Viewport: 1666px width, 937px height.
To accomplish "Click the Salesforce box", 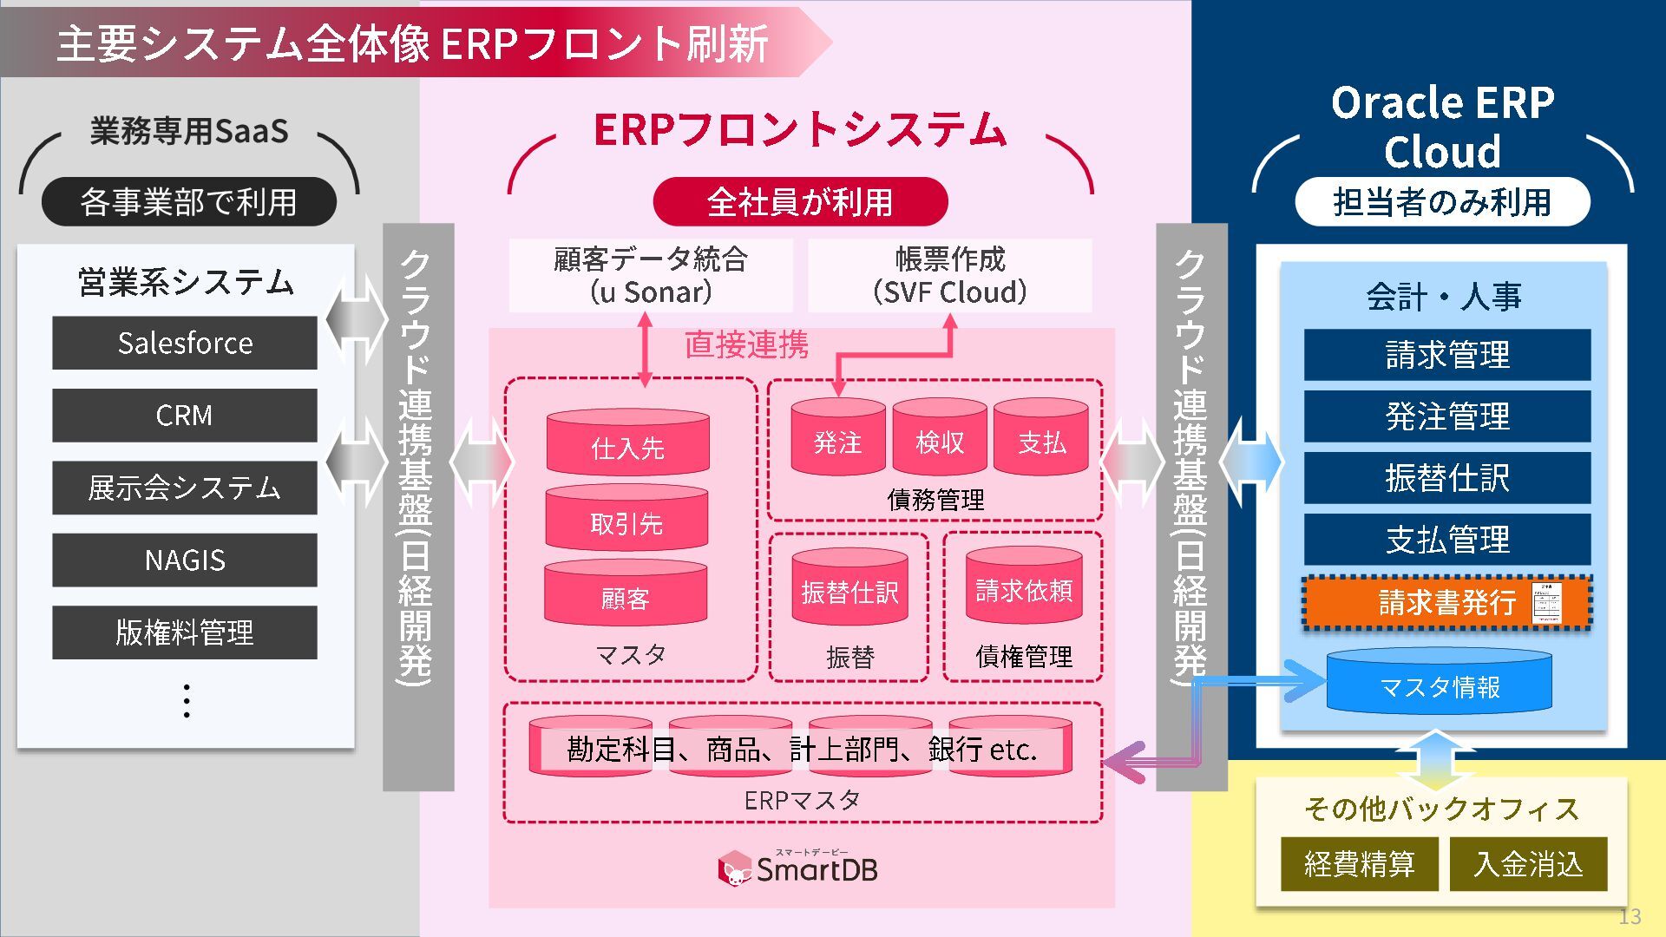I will click(x=184, y=343).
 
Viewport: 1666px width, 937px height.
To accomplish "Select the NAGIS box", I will click(x=184, y=560).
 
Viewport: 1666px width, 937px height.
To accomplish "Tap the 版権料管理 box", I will click(x=184, y=632).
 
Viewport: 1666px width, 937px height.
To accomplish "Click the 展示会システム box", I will click(x=184, y=488).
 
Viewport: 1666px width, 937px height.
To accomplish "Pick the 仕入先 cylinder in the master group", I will click(x=627, y=443).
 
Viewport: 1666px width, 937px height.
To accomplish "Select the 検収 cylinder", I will click(x=940, y=439).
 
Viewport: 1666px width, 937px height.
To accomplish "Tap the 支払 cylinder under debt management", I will click(x=1041, y=439).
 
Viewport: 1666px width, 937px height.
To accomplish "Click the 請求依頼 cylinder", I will click(x=1024, y=587).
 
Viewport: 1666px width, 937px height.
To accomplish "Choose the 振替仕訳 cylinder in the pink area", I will click(x=849, y=589).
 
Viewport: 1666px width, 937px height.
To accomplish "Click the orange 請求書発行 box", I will click(x=1446, y=602).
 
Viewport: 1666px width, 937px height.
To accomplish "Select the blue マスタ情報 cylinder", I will click(x=1439, y=684).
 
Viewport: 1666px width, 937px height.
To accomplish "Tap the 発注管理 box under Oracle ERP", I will click(x=1446, y=416).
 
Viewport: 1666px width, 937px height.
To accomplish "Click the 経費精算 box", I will click(x=1359, y=864).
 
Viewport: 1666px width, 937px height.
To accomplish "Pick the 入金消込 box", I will click(x=1528, y=864).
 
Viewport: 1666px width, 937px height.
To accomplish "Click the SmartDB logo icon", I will click(x=734, y=868).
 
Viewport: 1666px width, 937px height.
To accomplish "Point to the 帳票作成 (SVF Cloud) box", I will click(x=949, y=276).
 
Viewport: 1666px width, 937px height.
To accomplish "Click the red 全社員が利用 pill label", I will click(x=800, y=202).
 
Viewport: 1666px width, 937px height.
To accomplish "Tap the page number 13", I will click(x=1630, y=916).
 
